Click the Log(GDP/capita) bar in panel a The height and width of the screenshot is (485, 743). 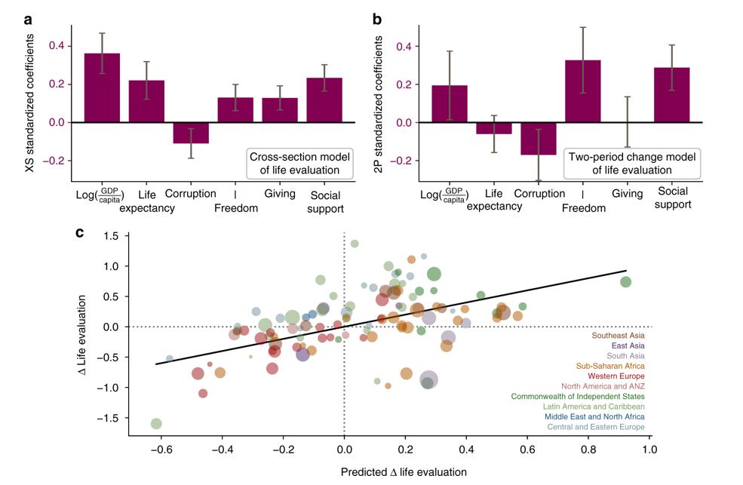(x=102, y=87)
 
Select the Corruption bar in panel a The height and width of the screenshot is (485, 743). (x=191, y=133)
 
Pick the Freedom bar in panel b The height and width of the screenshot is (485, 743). (x=583, y=91)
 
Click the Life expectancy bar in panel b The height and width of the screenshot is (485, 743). (x=494, y=128)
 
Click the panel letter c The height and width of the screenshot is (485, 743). (x=80, y=232)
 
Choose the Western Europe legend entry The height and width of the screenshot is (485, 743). (x=617, y=376)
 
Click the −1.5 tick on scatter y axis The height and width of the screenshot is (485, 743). (x=111, y=418)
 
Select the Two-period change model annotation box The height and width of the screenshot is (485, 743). (x=632, y=164)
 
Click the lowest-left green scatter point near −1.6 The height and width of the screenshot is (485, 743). (x=156, y=423)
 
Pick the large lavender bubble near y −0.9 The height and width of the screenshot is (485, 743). (x=428, y=380)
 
